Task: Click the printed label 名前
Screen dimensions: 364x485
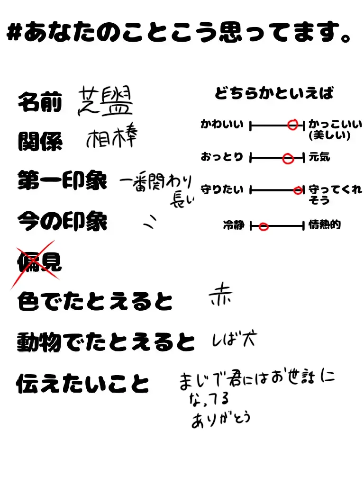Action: coord(40,103)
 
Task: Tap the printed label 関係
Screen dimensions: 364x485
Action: coord(40,142)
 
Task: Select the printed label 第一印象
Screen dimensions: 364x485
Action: coord(62,181)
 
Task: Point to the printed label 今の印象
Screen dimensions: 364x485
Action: coord(62,221)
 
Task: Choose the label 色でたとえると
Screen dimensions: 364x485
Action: coord(95,302)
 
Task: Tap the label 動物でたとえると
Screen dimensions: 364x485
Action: coord(106,341)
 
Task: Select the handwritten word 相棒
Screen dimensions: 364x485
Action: coord(112,138)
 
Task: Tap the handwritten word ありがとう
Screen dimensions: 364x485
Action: coord(220,420)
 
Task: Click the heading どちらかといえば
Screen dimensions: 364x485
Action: coord(274,94)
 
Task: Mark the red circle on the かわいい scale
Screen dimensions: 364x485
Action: coord(293,125)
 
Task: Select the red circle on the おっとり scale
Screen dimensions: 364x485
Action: coord(288,159)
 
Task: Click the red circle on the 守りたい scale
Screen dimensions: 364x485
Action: coord(298,190)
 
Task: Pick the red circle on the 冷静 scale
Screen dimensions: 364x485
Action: coord(264,227)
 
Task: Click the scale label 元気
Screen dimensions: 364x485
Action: coord(319,157)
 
